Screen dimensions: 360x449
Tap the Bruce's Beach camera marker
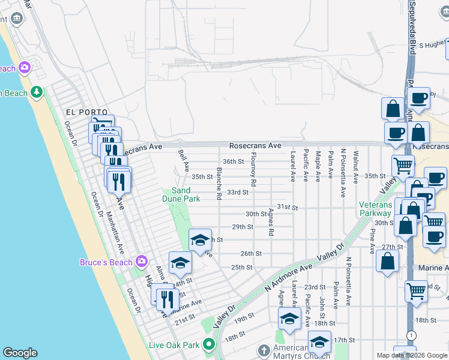click(x=141, y=261)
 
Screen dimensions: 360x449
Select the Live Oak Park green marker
click(x=209, y=344)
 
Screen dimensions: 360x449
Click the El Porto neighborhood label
click(x=86, y=112)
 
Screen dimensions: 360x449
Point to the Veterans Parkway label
click(x=376, y=209)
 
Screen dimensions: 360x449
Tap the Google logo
click(x=20, y=353)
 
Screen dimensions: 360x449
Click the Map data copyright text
click(x=411, y=355)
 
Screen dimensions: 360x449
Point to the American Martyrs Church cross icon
click(x=264, y=350)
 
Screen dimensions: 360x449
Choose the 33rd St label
click(x=237, y=192)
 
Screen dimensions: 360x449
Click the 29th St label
click(x=243, y=227)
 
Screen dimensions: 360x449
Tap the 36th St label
click(x=233, y=161)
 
